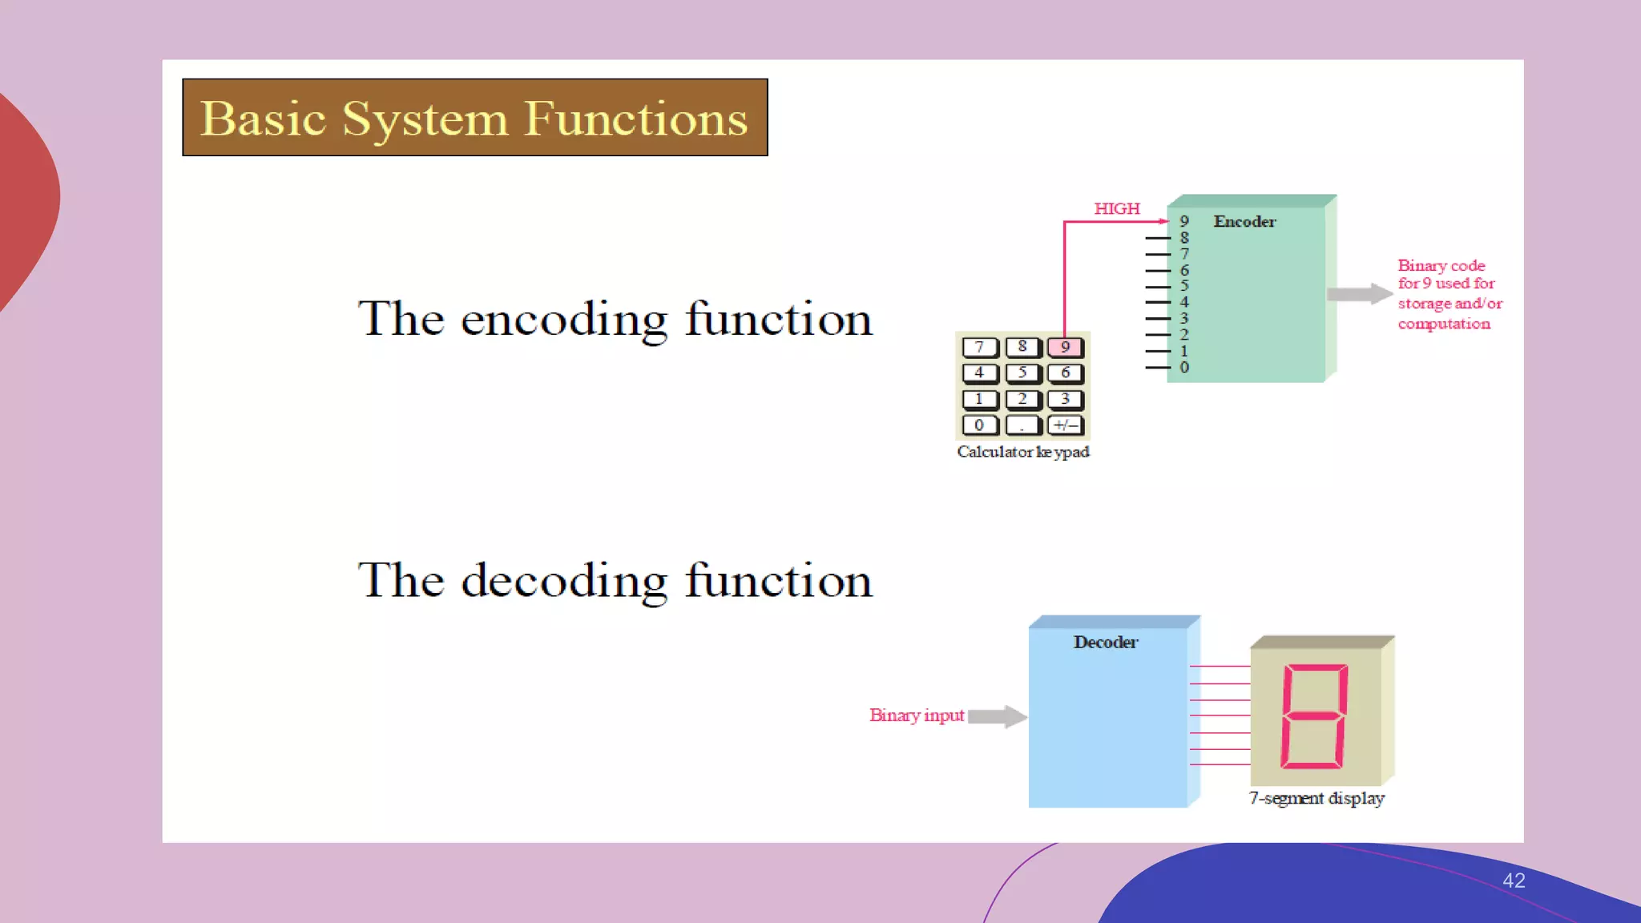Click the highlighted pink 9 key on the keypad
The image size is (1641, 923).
(1065, 348)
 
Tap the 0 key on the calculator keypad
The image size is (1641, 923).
(979, 425)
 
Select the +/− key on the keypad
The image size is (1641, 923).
(1066, 425)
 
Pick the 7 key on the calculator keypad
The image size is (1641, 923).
(979, 348)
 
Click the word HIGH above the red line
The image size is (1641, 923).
(1116, 209)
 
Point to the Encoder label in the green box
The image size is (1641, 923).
(1244, 222)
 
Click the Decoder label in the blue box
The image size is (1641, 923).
(1106, 643)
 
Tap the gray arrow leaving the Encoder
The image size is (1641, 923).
(1359, 294)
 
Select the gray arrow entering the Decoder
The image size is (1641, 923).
(997, 716)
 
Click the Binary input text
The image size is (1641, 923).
(917, 715)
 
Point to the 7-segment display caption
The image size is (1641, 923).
(1316, 799)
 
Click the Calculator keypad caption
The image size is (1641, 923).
(1023, 452)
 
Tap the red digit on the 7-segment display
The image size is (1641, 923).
(1315, 716)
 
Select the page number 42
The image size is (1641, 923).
(1514, 881)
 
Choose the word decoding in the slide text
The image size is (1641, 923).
(564, 582)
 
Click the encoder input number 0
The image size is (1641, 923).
(1184, 368)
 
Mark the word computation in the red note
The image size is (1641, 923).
(1444, 324)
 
